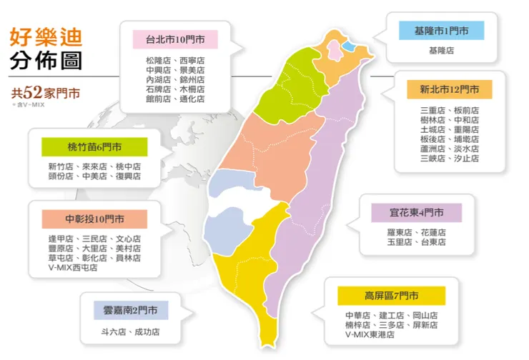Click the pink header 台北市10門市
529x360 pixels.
(175, 39)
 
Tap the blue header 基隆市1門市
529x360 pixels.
(441, 31)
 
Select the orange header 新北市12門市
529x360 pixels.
(450, 90)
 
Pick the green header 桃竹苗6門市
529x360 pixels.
(95, 147)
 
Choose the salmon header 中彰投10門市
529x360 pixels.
(95, 219)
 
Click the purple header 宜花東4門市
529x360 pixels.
(415, 213)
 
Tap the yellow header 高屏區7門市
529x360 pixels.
(391, 296)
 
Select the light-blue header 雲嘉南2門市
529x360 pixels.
(130, 311)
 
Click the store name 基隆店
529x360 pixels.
(441, 51)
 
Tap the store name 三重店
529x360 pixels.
(432, 111)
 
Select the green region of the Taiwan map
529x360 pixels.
(290, 86)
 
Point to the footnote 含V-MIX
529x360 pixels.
(26, 105)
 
